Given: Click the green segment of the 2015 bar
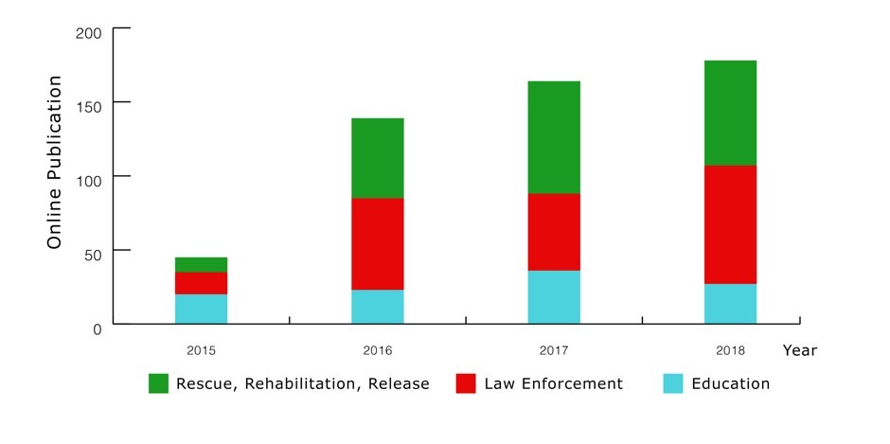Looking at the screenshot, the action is tap(201, 264).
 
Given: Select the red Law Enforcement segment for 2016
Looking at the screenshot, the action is tap(378, 244).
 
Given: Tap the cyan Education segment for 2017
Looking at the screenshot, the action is tap(554, 297).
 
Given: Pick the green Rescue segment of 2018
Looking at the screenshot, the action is tap(731, 113).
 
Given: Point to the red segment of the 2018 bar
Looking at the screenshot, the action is tap(731, 224).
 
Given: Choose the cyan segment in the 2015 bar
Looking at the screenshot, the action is tap(201, 309).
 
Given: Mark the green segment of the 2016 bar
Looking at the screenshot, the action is tap(378, 158).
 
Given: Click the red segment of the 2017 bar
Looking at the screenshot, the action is tap(554, 232).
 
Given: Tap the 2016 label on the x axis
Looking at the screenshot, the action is tap(378, 350).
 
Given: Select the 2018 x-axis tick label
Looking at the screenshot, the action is tap(731, 350).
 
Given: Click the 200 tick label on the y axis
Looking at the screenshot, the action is tap(89, 33).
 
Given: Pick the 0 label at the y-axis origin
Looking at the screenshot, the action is tap(98, 329).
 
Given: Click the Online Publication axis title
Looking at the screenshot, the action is tap(55, 162).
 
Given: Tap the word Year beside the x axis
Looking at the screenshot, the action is tap(800, 351).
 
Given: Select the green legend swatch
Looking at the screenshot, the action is tap(158, 383).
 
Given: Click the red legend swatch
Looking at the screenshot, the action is tap(466, 383).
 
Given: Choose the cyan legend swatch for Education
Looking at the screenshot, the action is tap(673, 383).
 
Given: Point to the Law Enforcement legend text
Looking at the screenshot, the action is tap(554, 383).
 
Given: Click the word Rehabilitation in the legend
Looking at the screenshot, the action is tap(297, 383).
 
